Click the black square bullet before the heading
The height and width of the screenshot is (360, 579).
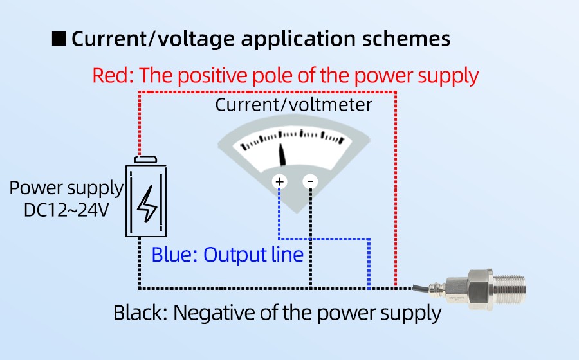point(59,39)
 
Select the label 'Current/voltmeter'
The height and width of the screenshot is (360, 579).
point(293,104)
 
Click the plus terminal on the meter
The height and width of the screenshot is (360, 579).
point(280,182)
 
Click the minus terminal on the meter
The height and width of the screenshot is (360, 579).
point(310,182)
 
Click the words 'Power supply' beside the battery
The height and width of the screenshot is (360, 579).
point(66,188)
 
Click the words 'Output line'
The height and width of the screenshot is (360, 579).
point(253,255)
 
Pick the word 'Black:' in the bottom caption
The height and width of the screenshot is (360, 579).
point(140,313)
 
